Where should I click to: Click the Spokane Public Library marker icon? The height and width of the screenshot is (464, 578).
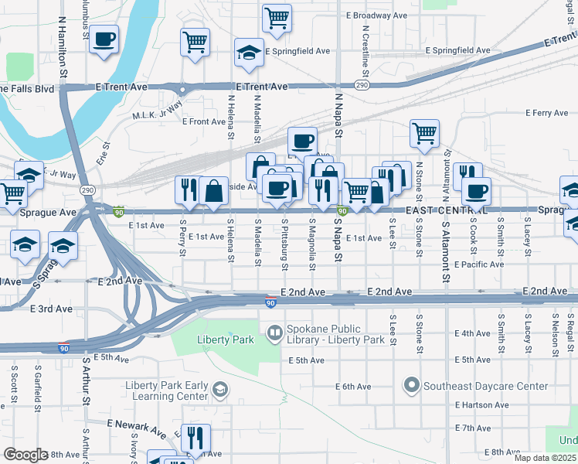[x=274, y=334]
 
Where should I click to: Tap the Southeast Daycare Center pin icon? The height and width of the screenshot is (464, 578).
[x=411, y=384]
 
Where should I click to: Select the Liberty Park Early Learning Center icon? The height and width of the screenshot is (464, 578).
[x=220, y=388]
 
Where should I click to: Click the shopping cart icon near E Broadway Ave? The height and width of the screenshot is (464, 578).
[x=277, y=17]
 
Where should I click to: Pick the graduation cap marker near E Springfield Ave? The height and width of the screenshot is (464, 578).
[x=249, y=53]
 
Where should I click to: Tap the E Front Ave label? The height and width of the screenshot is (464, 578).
[x=204, y=121]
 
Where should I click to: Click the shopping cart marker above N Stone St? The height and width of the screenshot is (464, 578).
[x=424, y=133]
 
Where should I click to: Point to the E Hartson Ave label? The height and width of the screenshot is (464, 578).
[x=479, y=405]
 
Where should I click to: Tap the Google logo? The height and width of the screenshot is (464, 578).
[x=25, y=455]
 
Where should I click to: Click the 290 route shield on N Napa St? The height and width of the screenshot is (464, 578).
[x=362, y=84]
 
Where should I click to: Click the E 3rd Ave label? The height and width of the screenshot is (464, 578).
[x=51, y=309]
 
